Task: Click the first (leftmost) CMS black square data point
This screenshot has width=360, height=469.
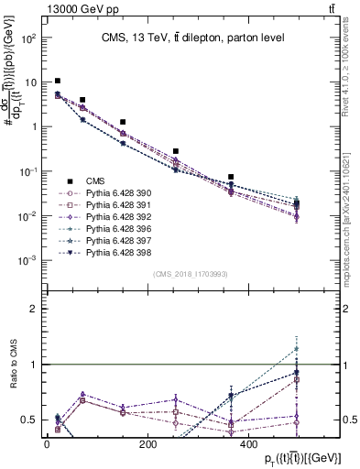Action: click(x=58, y=81)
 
